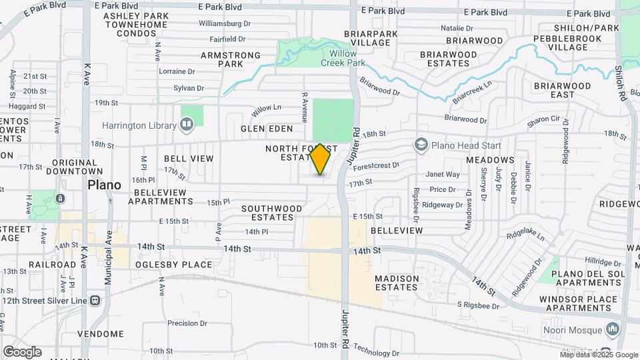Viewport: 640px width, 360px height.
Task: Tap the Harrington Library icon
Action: click(x=187, y=124)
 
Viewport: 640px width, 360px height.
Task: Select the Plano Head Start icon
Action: click(x=420, y=144)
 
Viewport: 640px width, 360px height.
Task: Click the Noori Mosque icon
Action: click(x=613, y=329)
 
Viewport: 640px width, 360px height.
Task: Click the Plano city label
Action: click(x=104, y=185)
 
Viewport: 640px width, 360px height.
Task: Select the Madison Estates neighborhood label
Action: click(x=397, y=283)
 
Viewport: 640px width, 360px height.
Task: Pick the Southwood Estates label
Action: click(x=267, y=213)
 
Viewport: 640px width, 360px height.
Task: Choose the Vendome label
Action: click(x=101, y=333)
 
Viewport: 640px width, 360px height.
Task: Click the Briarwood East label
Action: click(x=562, y=90)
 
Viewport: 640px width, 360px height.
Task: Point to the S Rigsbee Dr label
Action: click(x=478, y=305)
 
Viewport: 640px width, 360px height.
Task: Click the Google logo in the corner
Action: click(x=22, y=351)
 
